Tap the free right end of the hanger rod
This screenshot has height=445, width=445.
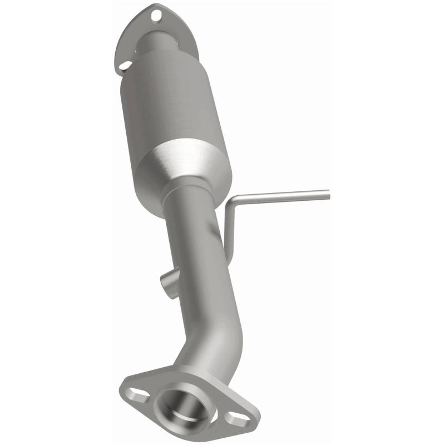coord(327,194)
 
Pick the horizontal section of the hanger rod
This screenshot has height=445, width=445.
coord(284,195)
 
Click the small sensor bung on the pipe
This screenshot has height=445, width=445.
coord(169,281)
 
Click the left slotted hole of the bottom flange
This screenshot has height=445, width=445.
coord(136,395)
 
